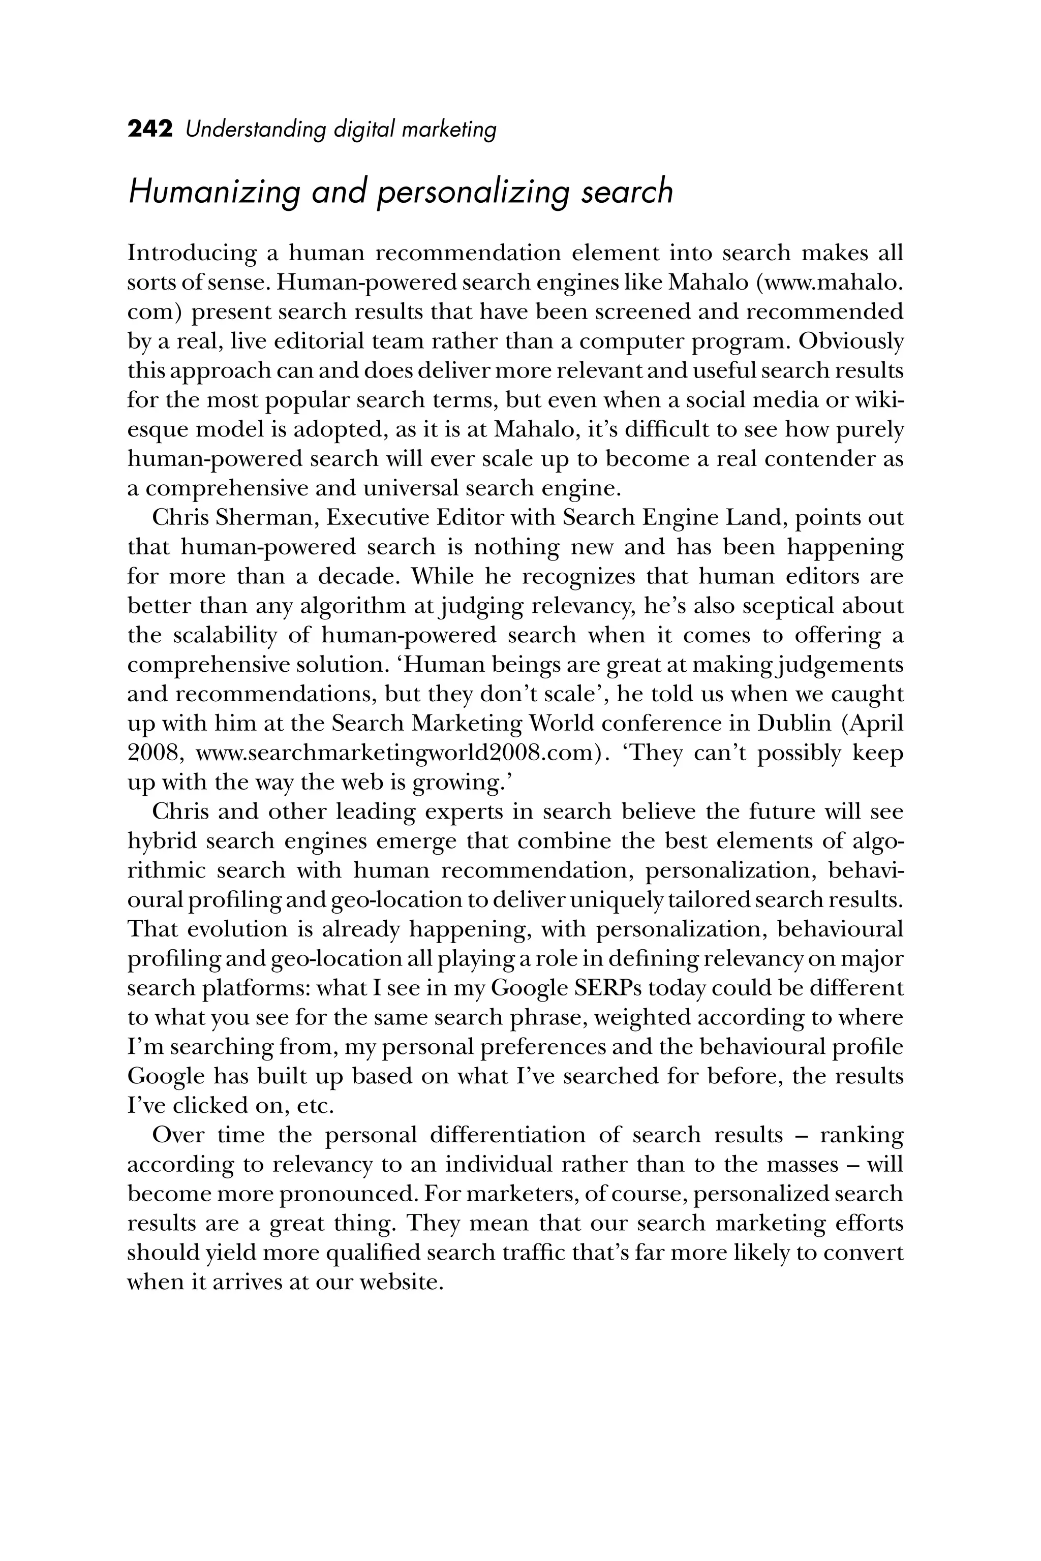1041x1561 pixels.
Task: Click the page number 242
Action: (x=150, y=128)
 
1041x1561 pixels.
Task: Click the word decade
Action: (x=358, y=576)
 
